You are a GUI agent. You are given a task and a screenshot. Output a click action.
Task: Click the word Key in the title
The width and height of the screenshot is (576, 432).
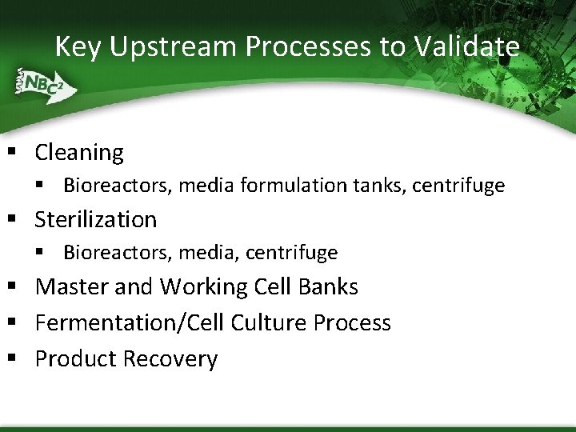[78, 47]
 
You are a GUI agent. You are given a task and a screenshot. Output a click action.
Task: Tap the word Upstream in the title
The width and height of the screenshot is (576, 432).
[174, 47]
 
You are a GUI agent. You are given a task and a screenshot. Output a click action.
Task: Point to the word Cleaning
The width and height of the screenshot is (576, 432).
[79, 153]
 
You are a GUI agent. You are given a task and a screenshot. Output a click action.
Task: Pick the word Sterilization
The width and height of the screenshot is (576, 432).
[96, 219]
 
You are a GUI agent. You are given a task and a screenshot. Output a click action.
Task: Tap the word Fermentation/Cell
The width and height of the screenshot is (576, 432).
[130, 323]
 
